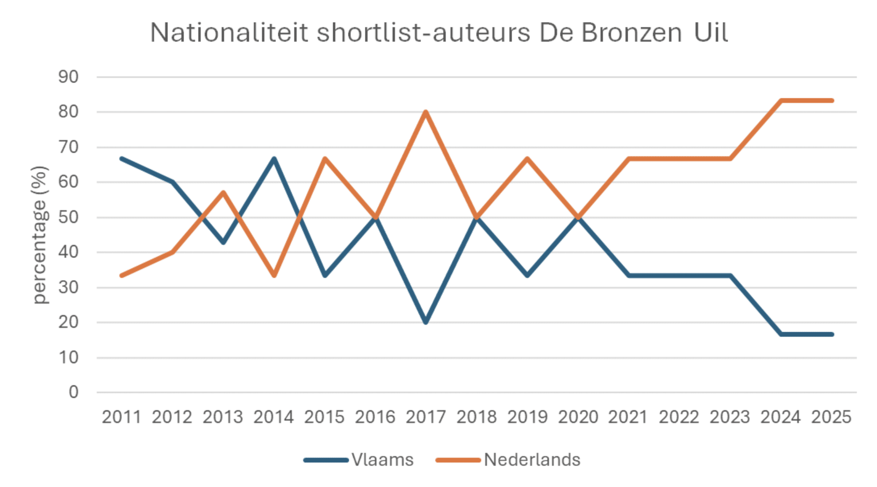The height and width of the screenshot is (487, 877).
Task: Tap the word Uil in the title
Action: pyautogui.click(x=711, y=33)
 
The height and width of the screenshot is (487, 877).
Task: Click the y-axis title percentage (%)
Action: pyautogui.click(x=40, y=235)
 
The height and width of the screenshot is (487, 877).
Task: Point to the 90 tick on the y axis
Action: pyautogui.click(x=68, y=77)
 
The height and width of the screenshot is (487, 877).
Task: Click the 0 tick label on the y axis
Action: pyautogui.click(x=74, y=392)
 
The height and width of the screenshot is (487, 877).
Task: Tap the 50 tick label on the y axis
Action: pyautogui.click(x=68, y=217)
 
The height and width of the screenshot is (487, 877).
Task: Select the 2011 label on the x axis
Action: pyautogui.click(x=121, y=417)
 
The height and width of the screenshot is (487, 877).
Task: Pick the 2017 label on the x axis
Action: pyautogui.click(x=426, y=417)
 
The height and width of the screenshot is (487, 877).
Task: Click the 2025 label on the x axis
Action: pyautogui.click(x=831, y=417)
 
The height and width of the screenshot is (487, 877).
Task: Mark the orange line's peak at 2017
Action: pyautogui.click(x=426, y=112)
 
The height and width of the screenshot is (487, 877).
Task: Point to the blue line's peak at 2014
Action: pyautogui.click(x=274, y=159)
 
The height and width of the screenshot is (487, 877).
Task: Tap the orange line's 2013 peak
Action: pyautogui.click(x=224, y=192)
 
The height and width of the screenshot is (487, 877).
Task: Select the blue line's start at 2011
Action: pyautogui.click(x=122, y=159)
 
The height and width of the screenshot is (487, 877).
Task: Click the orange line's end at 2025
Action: pyautogui.click(x=832, y=101)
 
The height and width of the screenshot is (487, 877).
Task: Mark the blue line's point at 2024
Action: pyautogui.click(x=781, y=334)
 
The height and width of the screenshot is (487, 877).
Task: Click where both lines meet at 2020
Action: pyautogui.click(x=578, y=217)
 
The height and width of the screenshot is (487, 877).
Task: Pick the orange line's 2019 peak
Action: pyautogui.click(x=528, y=159)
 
